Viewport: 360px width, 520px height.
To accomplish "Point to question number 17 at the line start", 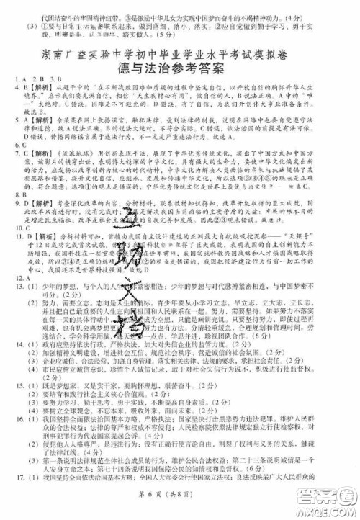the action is pos(18,497).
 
